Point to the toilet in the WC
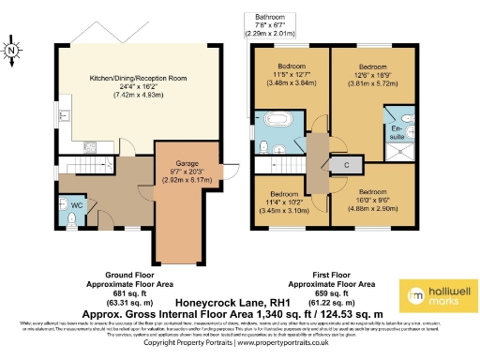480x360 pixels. [x=71, y=217]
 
